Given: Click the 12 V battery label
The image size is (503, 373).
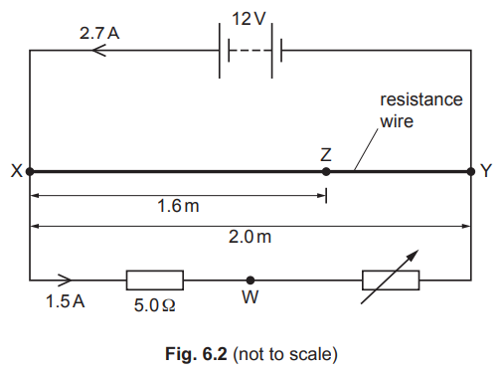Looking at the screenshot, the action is (x=249, y=19).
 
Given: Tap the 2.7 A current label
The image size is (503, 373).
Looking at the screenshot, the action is (x=99, y=33).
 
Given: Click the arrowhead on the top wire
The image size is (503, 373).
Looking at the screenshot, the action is (x=98, y=51).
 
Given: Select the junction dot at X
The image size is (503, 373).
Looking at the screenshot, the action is (x=30, y=172).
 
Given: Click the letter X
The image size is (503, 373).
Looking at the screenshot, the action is (x=17, y=171).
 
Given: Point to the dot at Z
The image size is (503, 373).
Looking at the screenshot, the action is (x=326, y=172).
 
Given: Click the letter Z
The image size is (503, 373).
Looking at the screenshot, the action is (x=326, y=154).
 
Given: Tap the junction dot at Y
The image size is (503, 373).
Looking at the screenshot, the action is (x=471, y=172).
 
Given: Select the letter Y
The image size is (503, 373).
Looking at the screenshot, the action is (x=486, y=171).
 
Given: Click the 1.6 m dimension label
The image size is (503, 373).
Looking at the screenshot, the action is (x=178, y=206).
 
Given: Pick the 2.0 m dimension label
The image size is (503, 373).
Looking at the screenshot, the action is (x=250, y=237).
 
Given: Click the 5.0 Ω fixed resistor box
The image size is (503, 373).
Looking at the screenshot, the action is (x=155, y=280).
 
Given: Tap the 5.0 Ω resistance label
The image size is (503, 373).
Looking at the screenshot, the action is (x=154, y=305).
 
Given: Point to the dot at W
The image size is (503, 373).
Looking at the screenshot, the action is (x=251, y=280).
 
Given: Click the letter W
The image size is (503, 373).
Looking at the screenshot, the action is (x=251, y=297).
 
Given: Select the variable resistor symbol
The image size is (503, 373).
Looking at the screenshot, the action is (x=391, y=280).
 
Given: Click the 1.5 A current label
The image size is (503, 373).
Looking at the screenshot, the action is (x=66, y=301).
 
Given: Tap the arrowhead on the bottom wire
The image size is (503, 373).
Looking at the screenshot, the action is (x=65, y=280).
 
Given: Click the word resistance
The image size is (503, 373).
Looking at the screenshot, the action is (x=421, y=99).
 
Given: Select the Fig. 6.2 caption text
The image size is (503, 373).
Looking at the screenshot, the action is (x=251, y=354).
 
